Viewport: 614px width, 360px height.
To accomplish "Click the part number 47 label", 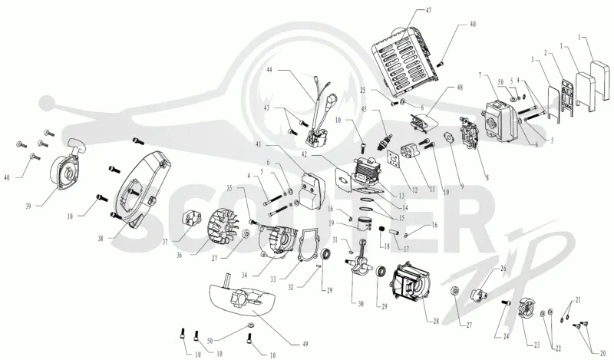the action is point(428,11).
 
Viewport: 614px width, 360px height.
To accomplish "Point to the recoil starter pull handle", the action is point(76,145).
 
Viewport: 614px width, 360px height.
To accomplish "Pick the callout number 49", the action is point(305,345).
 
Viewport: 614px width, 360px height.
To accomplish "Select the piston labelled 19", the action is point(367,224).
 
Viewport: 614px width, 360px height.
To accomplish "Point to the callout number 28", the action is point(436,322).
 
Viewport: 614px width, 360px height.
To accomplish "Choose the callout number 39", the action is point(28,206).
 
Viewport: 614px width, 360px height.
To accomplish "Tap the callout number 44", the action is point(269,70).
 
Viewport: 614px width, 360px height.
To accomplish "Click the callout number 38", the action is point(101,238).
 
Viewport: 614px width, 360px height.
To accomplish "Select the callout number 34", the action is point(244,276).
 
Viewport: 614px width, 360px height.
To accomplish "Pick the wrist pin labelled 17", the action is point(393,231).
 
